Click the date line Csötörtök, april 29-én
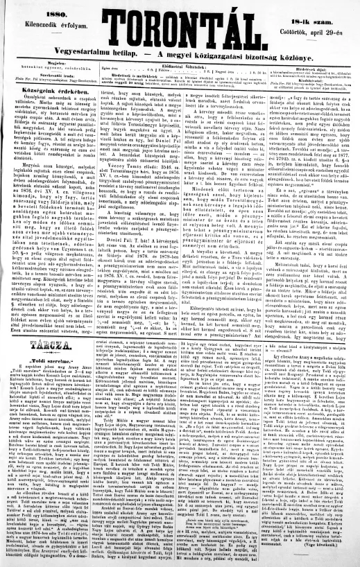(x=315, y=20)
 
